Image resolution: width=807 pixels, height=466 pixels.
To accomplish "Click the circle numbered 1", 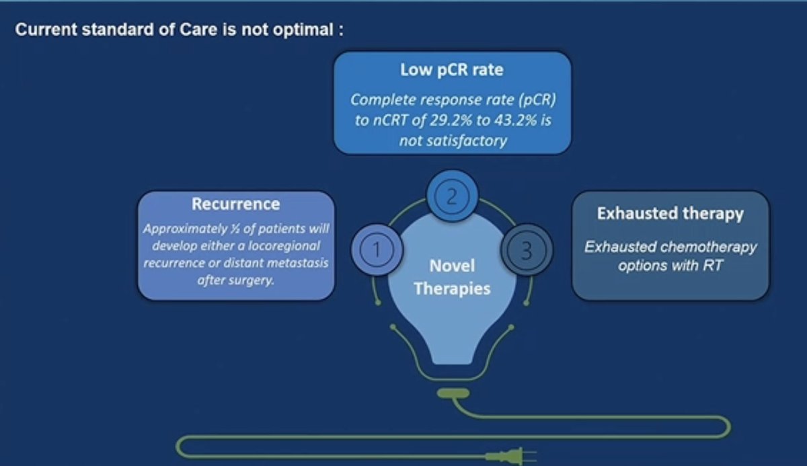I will pyautogui.click(x=377, y=250).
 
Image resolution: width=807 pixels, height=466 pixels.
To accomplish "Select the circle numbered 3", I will pyautogui.click(x=527, y=251).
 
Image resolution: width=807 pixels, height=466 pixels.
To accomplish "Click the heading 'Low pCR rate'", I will pyautogui.click(x=452, y=70).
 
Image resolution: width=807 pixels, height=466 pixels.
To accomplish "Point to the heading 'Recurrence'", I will pyautogui.click(x=235, y=204).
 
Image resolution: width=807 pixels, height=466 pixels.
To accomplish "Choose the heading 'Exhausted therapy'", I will pyautogui.click(x=670, y=214).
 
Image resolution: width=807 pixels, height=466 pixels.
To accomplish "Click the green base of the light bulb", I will pyautogui.click(x=452, y=392).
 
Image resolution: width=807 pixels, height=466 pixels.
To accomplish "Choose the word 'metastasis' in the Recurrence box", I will pyautogui.click(x=301, y=263).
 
